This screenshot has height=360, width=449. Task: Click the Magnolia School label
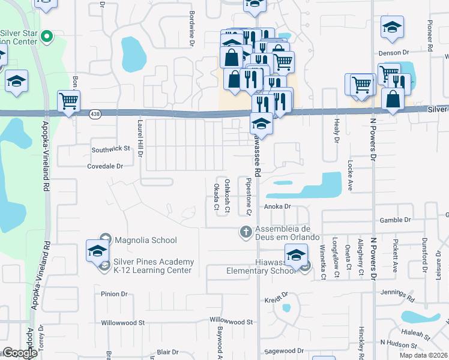click(146, 240)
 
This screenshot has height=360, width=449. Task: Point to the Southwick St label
click(110, 148)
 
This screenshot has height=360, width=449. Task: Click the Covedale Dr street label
click(105, 166)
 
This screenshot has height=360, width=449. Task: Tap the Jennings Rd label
click(397, 295)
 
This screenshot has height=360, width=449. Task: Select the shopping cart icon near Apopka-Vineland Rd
click(69, 101)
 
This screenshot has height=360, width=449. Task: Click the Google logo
click(20, 353)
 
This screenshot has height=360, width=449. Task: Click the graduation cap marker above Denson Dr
click(392, 28)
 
